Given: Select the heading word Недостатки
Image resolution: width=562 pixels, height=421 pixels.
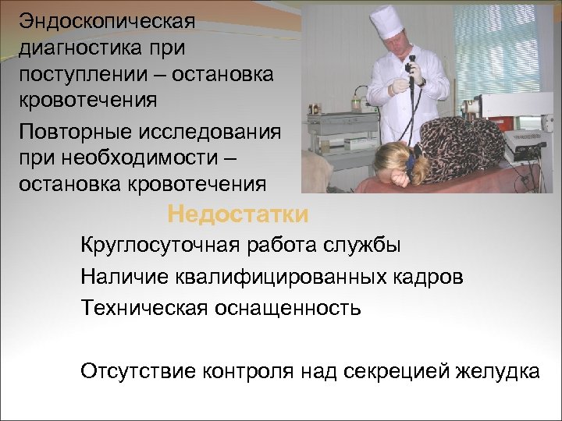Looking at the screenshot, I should [x=238, y=214].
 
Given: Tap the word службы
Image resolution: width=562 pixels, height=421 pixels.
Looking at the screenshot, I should [x=363, y=246].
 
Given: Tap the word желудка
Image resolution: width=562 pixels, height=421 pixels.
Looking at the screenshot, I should [x=497, y=370].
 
